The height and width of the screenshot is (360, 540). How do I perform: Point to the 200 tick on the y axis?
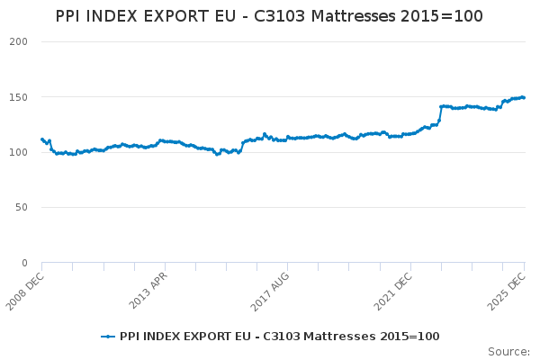coord(18,41)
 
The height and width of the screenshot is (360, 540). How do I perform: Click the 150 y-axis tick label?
coord(18,97)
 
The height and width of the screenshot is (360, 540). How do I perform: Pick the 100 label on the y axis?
coord(18,152)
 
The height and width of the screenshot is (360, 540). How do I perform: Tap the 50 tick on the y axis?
coord(21,208)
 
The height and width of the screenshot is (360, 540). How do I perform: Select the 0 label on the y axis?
coord(24,263)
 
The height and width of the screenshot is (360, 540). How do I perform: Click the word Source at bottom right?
coord(508,351)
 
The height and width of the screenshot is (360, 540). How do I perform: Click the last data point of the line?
coord(524,97)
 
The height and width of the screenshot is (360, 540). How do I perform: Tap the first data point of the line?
coord(41,139)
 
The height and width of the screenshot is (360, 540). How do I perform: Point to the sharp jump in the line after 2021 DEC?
coord(440,113)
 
